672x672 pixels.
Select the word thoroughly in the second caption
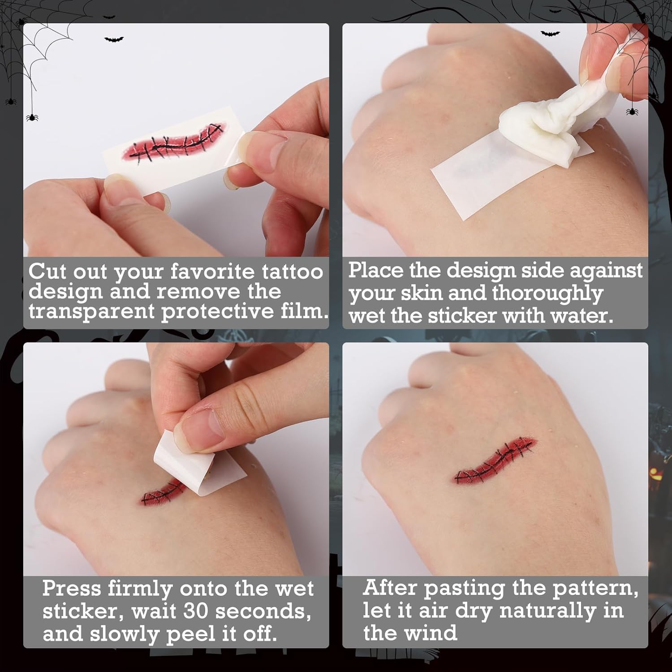pyautogui.click(x=547, y=294)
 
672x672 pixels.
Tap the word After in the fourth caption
pyautogui.click(x=391, y=587)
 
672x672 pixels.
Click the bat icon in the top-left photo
pyautogui.click(x=114, y=40)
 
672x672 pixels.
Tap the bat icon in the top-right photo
pyautogui.click(x=550, y=33)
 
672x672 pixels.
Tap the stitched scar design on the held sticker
pyautogui.click(x=174, y=142)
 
